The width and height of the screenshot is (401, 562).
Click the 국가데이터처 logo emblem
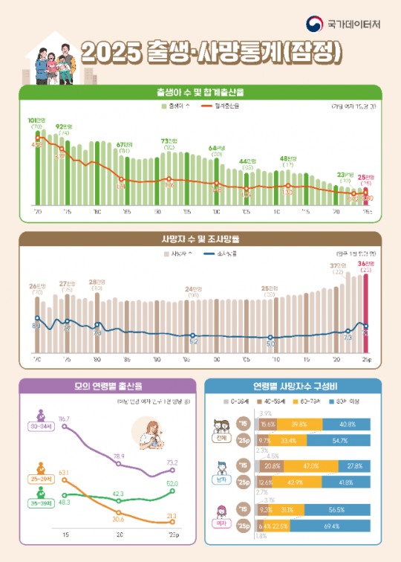tap(316, 25)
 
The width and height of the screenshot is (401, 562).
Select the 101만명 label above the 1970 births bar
tap(36, 120)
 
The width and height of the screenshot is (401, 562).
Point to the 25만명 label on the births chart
tap(366, 177)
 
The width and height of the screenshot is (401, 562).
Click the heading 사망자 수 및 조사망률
tap(200, 239)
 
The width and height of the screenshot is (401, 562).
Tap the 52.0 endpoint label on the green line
tap(172, 483)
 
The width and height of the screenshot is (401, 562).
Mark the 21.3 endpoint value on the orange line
tap(172, 514)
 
